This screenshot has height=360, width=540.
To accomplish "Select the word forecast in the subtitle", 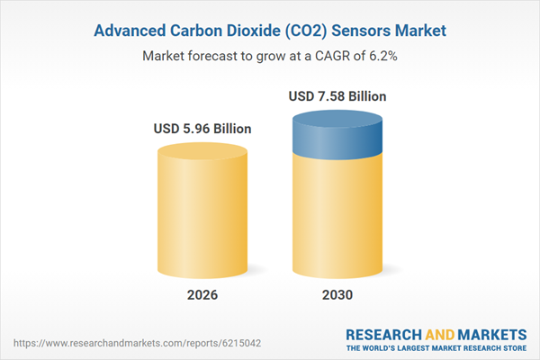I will click(x=215, y=56).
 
